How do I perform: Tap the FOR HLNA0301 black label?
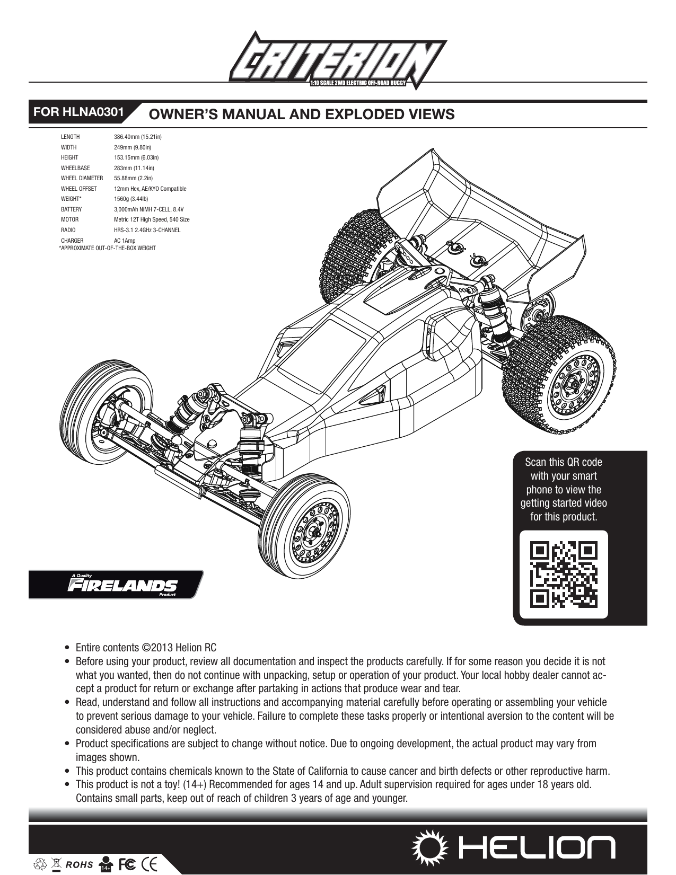tap(78, 112)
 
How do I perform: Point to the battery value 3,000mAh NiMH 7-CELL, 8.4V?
tap(149, 209)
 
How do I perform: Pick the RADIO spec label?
tap(68, 230)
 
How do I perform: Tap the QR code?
tap(564, 574)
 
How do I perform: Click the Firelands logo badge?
tap(116, 585)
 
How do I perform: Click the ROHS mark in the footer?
tap(79, 864)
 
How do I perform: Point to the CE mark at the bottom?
tap(149, 864)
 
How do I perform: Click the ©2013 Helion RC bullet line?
tap(146, 648)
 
